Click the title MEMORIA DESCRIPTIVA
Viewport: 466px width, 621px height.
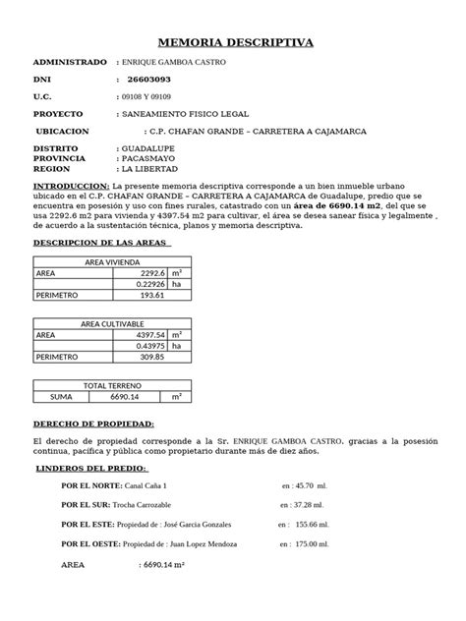[236, 43]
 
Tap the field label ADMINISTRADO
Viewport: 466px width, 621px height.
[69, 62]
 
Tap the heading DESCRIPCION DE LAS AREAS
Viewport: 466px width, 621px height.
[103, 242]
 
